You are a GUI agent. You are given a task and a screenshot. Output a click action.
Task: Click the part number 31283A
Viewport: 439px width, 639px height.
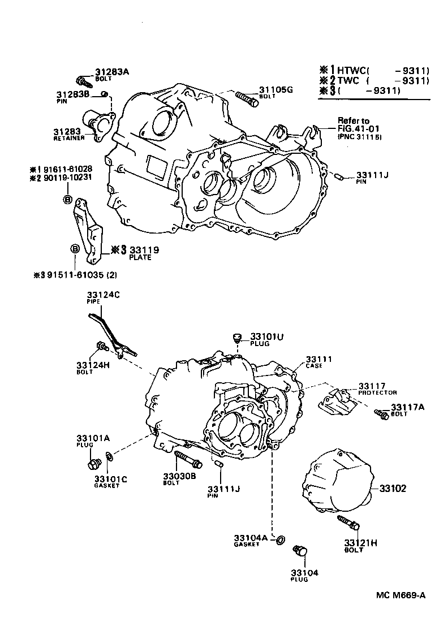[112, 72]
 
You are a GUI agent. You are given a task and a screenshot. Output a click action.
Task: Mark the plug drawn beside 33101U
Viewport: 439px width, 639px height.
[238, 338]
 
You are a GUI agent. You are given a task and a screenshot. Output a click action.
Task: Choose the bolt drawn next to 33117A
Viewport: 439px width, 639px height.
[381, 415]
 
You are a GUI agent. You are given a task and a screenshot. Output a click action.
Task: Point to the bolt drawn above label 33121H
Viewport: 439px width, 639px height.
[348, 523]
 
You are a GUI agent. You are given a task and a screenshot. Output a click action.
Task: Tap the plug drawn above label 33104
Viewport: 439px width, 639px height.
[300, 551]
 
